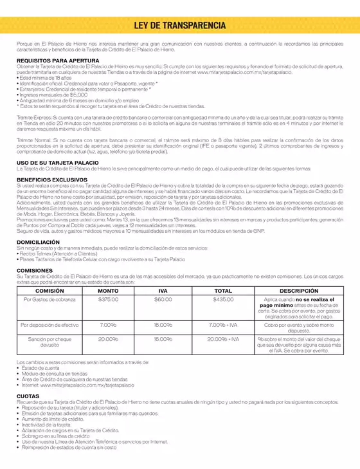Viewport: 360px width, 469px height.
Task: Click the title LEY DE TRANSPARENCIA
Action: tap(179, 25)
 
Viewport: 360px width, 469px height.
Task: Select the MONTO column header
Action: tap(107, 291)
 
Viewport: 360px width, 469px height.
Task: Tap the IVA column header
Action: tap(163, 291)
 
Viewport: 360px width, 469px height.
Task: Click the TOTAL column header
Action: tap(223, 291)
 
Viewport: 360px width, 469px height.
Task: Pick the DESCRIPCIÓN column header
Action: tap(298, 291)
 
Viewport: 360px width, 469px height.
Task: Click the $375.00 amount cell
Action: tap(107, 300)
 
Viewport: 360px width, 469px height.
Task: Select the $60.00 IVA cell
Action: tap(163, 300)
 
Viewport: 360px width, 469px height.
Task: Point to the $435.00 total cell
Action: tap(223, 300)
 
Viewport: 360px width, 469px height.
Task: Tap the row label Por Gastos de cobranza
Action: tap(50, 300)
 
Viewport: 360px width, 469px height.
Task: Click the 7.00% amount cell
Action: tap(107, 326)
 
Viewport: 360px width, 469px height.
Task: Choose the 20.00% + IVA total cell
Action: tap(223, 338)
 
